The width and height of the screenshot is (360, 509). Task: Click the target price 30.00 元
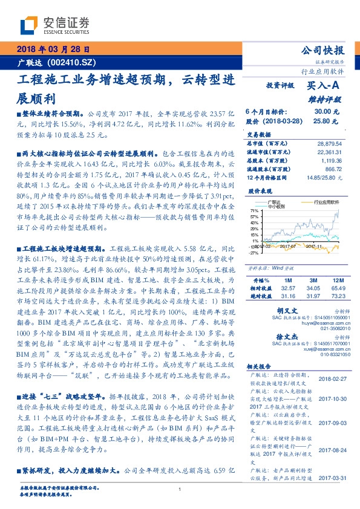[326, 112]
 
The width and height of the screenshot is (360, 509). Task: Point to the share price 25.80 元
[326, 121]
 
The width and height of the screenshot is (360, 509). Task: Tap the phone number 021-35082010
[327, 329]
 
